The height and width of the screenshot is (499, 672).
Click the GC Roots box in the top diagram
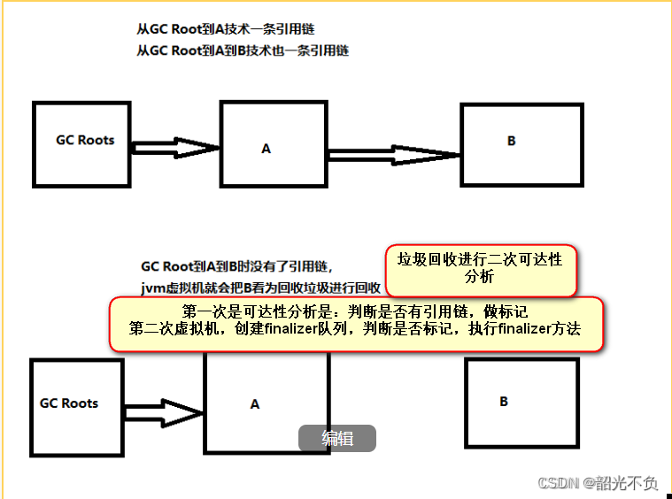(85, 143)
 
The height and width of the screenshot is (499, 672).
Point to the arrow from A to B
(395, 156)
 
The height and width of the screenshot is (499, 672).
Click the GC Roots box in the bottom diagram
(70, 405)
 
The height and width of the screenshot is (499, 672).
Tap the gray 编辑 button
(337, 438)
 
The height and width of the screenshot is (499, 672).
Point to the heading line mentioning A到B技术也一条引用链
(243, 50)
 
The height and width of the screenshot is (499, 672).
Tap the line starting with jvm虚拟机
(260, 288)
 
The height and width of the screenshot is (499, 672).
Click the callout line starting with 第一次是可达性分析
(355, 311)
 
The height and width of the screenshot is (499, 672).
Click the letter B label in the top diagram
(511, 141)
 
